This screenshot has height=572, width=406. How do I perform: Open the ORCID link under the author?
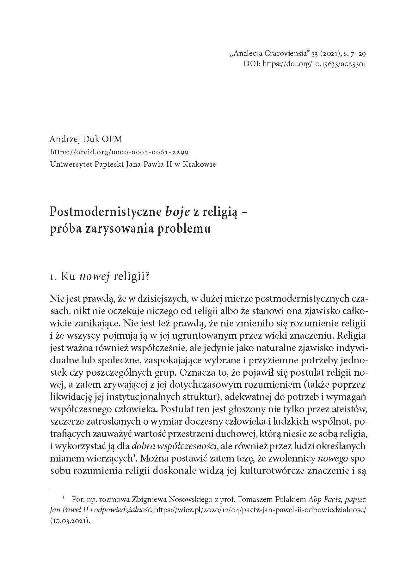tap(119, 152)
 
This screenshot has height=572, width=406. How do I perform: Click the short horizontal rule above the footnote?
tap(69, 488)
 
